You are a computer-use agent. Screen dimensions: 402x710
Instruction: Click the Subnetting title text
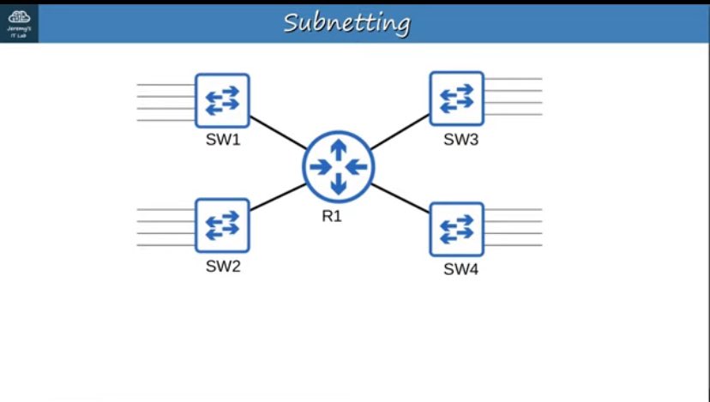coord(346,22)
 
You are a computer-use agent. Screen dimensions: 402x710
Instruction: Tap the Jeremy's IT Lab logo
coord(19,22)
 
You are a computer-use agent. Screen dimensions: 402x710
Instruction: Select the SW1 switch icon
coord(222,99)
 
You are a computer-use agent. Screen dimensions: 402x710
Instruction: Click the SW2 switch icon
coord(222,225)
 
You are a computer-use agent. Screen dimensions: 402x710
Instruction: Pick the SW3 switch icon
coord(457,99)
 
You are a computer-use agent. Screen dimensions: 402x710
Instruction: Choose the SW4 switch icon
coord(457,229)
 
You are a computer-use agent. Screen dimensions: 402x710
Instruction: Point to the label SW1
coord(223,141)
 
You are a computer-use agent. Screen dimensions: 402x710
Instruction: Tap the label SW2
coord(223,267)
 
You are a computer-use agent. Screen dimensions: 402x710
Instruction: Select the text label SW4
coord(460,270)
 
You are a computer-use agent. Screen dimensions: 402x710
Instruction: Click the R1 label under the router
coord(333,217)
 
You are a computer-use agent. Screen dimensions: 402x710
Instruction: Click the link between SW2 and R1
coord(278,197)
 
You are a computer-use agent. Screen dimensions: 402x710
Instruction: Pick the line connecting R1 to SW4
coord(400,198)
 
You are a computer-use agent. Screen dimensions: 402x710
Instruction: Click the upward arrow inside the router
coord(339,148)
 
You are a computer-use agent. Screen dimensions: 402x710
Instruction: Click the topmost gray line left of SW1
coord(165,85)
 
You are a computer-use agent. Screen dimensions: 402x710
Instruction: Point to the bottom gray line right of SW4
coord(514,245)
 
